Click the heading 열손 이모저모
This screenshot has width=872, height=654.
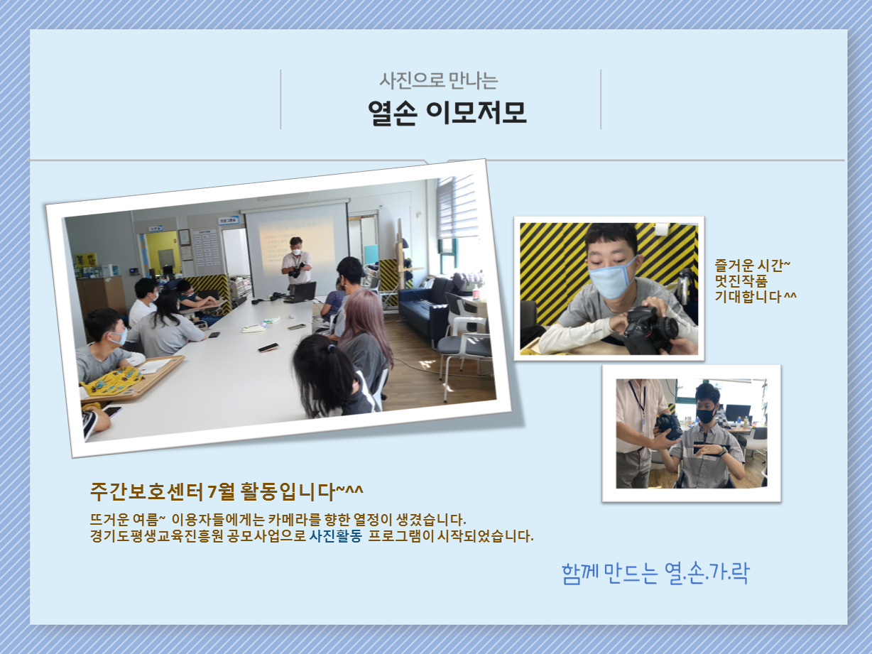coord(447,113)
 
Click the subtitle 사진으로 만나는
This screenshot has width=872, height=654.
coord(439,81)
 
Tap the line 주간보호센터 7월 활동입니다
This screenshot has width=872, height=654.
coord(227,491)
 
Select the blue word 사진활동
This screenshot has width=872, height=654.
coord(336,536)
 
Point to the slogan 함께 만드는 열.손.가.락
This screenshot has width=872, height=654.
coord(655,574)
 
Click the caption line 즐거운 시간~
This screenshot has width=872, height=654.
coord(753,266)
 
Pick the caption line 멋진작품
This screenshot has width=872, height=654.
coord(741,280)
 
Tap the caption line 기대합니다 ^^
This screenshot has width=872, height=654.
coord(756,296)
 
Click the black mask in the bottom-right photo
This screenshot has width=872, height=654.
coord(706,415)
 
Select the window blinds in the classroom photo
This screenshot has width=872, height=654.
coord(457,207)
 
